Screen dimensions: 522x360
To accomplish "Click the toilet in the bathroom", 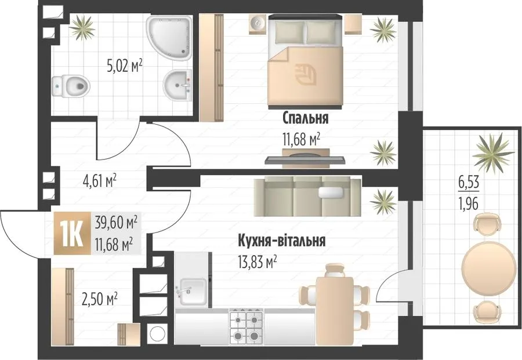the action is [x=71, y=86].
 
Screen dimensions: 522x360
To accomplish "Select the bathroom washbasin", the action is [x=177, y=85].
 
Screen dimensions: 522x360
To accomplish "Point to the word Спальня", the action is [x=305, y=118].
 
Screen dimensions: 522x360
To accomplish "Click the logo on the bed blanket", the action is [x=306, y=74].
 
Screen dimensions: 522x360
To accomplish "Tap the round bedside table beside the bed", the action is [x=258, y=24].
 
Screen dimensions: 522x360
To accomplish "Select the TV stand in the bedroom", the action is [x=305, y=158].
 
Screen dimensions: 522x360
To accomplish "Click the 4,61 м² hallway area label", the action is [x=99, y=181].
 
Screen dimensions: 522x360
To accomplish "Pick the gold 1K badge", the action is [x=72, y=233].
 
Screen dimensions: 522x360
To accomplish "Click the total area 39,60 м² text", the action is [x=116, y=222].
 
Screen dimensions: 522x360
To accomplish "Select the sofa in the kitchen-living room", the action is [x=307, y=197].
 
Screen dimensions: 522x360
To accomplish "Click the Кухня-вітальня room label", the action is [x=282, y=241].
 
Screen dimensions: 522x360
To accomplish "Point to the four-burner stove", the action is [x=246, y=327].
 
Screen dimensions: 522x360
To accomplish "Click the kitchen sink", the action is [x=192, y=292].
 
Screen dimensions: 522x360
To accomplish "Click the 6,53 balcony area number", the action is [x=469, y=183].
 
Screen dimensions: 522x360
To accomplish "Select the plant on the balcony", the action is [x=494, y=153].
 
